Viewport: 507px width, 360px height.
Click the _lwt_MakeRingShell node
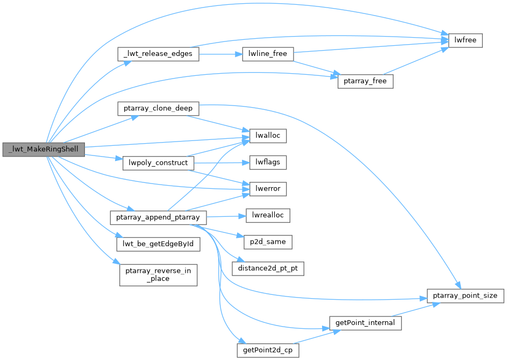(x=43, y=149)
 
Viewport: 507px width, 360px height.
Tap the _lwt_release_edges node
(x=158, y=54)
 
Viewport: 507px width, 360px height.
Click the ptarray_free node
(x=366, y=81)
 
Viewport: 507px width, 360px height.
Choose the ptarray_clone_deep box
(x=158, y=108)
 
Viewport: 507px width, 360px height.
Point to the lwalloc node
(x=267, y=136)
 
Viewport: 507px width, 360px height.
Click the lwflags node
(x=267, y=162)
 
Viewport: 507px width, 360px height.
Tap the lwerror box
(x=267, y=189)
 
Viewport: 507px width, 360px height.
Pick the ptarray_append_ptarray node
(x=158, y=217)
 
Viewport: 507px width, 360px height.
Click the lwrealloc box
(x=268, y=216)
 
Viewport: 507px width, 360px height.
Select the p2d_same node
(x=267, y=242)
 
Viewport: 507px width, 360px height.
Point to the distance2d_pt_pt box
(x=268, y=269)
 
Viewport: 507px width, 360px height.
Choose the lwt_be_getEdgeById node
(x=158, y=244)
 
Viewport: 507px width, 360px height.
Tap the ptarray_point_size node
(x=465, y=295)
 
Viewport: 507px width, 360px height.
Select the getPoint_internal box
(x=365, y=323)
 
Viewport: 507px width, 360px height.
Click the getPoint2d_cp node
(x=268, y=350)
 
